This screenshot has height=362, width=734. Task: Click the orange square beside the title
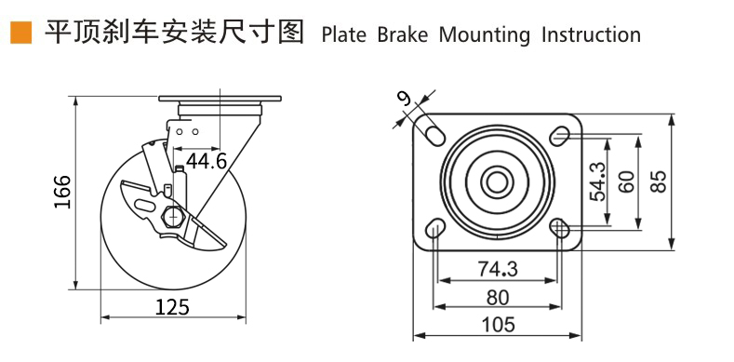(21, 33)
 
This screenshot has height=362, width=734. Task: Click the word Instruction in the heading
(592, 35)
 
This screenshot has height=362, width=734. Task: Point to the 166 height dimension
(62, 192)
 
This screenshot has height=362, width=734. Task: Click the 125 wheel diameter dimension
(172, 307)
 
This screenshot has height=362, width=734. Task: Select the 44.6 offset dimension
(207, 162)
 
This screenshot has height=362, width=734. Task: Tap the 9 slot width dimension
(404, 99)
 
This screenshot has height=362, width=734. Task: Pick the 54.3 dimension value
(597, 181)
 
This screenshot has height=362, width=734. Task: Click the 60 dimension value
(626, 181)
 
